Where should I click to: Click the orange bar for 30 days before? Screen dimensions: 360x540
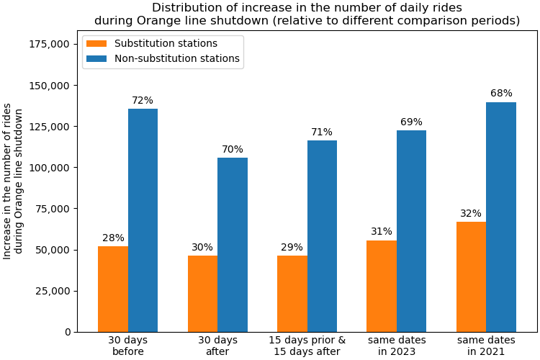(x=113, y=289)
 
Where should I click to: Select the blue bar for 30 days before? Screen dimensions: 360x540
(x=143, y=220)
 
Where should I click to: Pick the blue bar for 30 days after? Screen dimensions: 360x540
(x=233, y=245)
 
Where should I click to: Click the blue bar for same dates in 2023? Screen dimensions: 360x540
(x=411, y=231)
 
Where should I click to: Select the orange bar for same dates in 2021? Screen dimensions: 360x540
(x=471, y=276)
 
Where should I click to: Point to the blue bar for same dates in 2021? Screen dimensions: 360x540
(x=501, y=217)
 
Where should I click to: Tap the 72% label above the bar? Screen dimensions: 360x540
(x=143, y=101)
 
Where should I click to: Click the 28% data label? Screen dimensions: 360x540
(x=113, y=238)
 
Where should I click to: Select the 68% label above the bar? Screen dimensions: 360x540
(x=501, y=94)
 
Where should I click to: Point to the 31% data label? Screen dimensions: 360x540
(x=382, y=232)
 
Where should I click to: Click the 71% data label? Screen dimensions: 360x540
(x=322, y=132)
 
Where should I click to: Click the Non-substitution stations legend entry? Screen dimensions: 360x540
(x=161, y=59)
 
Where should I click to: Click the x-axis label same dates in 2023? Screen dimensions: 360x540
(x=397, y=346)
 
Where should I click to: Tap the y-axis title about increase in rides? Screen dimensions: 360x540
(x=13, y=181)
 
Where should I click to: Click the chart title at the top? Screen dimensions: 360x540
(x=307, y=14)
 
